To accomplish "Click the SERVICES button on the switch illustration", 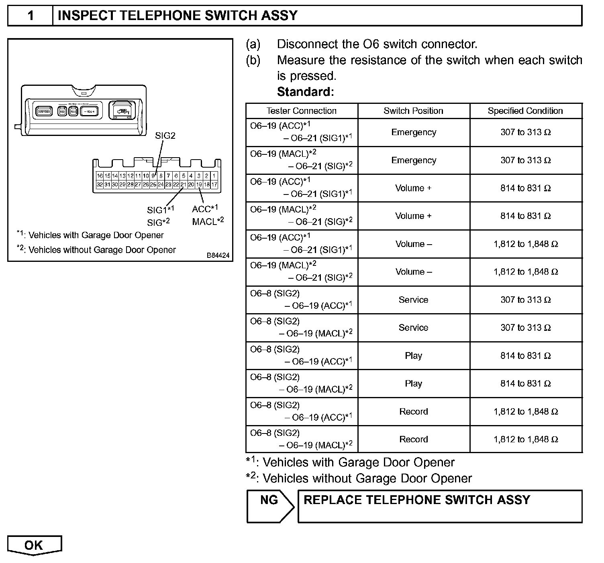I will [44, 111].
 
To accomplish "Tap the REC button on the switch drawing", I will [62, 111].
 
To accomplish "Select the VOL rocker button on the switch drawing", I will [89, 111].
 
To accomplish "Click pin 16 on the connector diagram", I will [100, 176].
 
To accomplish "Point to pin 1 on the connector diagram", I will [214, 176].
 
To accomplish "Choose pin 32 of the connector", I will [100, 184].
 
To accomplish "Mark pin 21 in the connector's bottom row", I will [184, 184].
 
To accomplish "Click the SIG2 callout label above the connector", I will [165, 136].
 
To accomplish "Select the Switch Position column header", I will [413, 111].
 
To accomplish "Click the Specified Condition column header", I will [525, 111].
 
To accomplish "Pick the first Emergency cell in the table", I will [414, 132].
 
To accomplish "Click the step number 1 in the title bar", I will [31, 16].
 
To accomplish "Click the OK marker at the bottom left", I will [34, 545].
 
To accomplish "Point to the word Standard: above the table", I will [305, 92].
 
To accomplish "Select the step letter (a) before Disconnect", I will [253, 44].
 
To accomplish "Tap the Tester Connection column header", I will [302, 111].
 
